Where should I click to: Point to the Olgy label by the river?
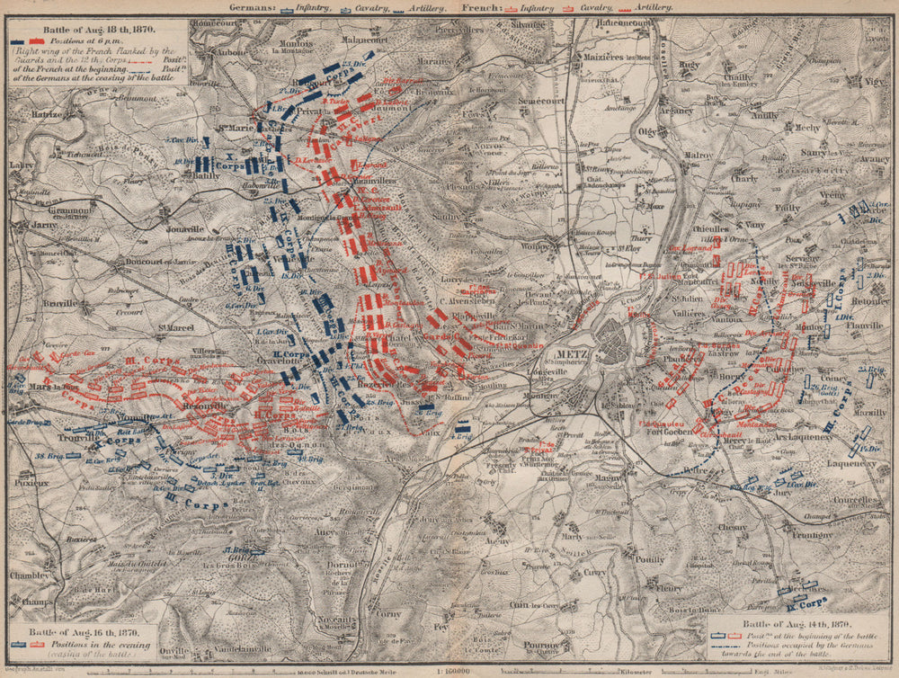645,129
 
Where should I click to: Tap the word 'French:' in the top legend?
483,7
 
